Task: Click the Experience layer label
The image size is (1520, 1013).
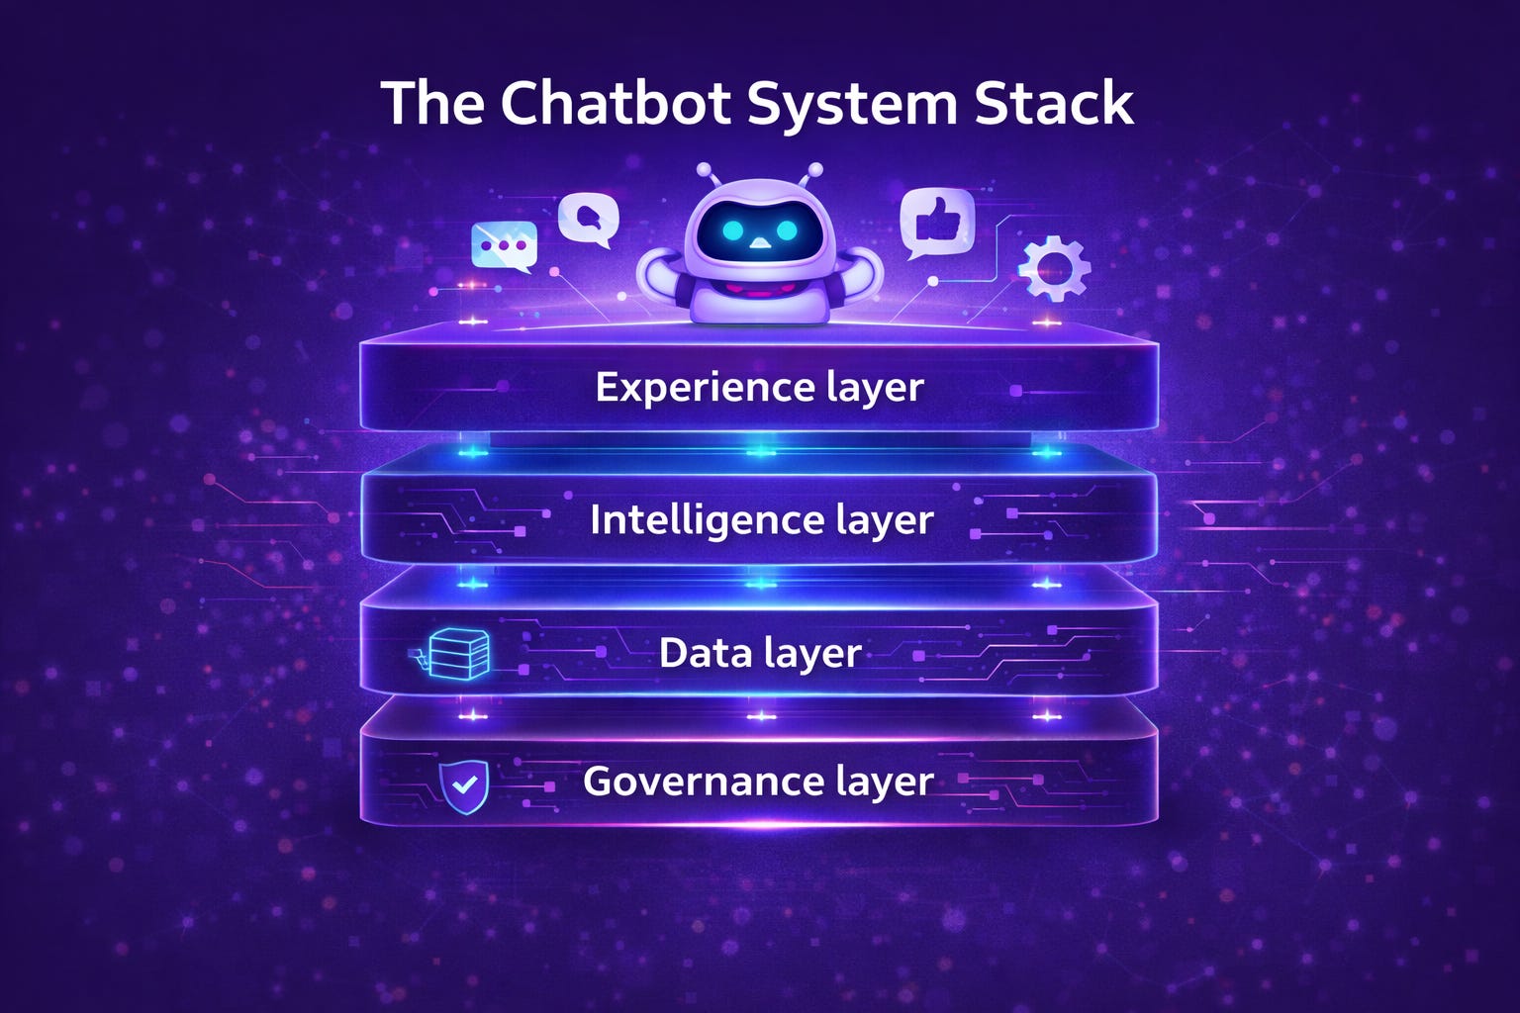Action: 759,387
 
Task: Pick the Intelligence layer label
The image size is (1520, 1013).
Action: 761,519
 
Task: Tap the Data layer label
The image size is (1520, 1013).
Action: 760,653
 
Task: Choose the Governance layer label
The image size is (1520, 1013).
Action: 758,782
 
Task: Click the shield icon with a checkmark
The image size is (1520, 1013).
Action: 464,786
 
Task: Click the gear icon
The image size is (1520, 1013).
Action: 1054,267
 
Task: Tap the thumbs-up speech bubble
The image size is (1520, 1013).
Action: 936,224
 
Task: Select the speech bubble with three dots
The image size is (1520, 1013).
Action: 505,244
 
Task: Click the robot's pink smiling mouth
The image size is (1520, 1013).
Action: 759,288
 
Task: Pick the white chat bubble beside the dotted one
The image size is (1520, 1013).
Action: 589,219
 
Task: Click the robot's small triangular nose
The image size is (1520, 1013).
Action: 759,243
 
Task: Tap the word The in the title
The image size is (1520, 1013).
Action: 431,103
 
